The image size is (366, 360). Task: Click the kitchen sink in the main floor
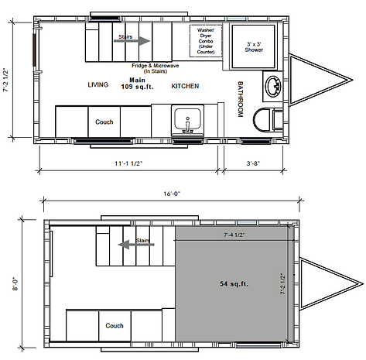click(187, 120)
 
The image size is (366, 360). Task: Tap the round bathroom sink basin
click(274, 86)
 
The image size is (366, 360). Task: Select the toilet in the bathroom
click(268, 119)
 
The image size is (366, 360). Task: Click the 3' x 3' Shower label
click(254, 47)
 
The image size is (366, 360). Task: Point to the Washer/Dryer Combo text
click(206, 41)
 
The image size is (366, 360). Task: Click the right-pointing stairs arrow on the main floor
click(132, 41)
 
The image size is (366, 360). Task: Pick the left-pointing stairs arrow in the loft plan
click(136, 245)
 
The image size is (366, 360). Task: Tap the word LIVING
click(98, 84)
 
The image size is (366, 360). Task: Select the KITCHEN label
click(185, 86)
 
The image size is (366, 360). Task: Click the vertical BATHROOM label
click(241, 99)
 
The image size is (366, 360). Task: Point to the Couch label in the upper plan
click(104, 122)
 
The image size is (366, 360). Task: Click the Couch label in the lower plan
click(115, 326)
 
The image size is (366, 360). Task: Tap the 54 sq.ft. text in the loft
click(234, 284)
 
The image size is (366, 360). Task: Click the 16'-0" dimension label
click(172, 194)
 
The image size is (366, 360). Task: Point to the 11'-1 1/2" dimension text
click(128, 163)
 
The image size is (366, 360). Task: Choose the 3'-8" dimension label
click(253, 163)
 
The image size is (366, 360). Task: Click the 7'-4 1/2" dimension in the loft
click(234, 235)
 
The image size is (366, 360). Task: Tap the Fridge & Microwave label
click(156, 68)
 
